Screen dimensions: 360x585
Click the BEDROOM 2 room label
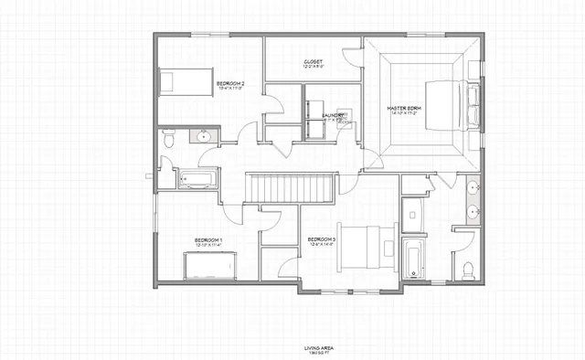coord(230,83)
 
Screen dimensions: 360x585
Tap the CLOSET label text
coord(314,62)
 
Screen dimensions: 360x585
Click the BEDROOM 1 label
coord(208,240)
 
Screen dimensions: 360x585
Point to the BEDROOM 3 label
coord(322,239)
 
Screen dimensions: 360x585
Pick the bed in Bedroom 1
coord(211,266)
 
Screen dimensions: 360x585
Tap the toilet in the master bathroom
coord(467,269)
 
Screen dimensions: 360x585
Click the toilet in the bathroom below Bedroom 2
coord(167,139)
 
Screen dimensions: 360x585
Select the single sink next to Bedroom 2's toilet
coord(203,138)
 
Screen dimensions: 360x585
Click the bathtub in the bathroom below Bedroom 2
coord(197,179)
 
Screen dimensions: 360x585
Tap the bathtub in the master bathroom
coord(413,258)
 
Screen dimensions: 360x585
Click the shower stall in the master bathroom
coord(414,215)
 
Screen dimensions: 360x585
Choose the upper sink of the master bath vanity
coord(473,189)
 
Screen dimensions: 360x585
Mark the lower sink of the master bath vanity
coord(473,212)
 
